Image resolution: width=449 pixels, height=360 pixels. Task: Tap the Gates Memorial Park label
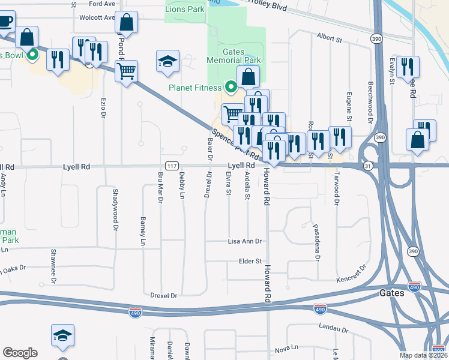tap(234, 56)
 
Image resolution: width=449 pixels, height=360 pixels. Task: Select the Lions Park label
tap(185, 9)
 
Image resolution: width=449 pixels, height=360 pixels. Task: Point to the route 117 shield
tap(170, 166)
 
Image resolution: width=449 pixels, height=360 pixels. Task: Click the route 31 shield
tap(367, 166)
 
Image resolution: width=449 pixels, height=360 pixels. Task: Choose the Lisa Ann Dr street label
tap(245, 241)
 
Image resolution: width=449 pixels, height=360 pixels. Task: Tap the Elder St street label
tap(251, 261)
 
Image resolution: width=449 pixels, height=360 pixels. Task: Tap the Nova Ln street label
tap(286, 348)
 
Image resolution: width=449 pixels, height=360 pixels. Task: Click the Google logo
tap(20, 353)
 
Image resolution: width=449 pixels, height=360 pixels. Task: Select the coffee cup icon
tap(6, 22)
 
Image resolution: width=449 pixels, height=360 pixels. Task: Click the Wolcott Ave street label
tap(96, 18)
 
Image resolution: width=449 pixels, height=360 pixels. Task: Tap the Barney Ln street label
tap(143, 231)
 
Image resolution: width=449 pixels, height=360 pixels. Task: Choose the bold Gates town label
tap(393, 293)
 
